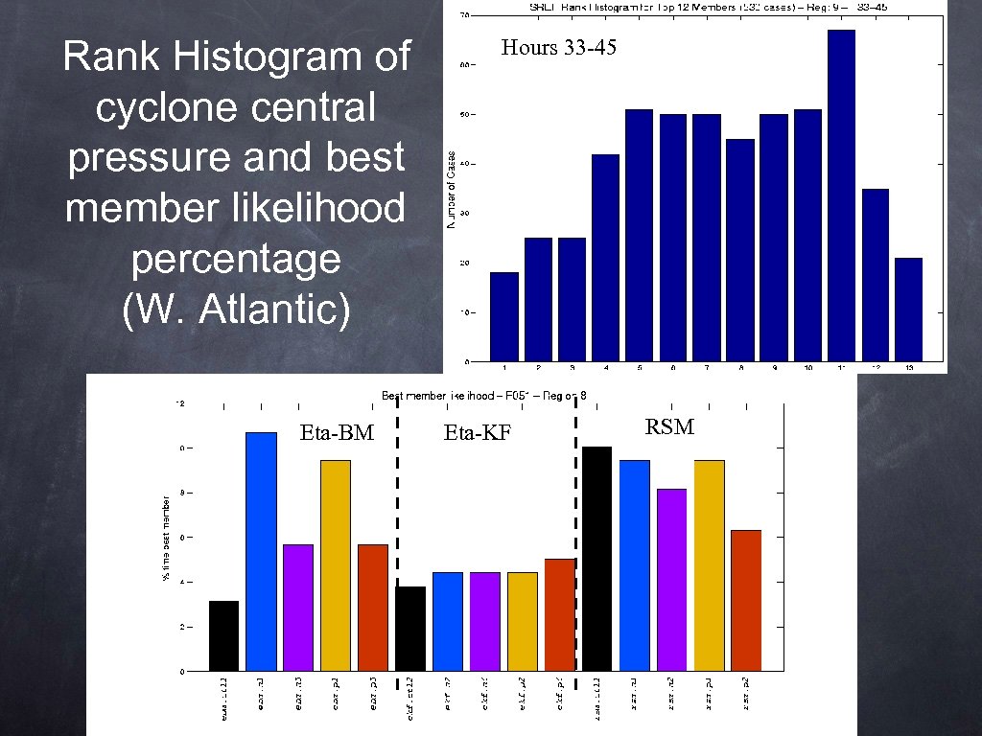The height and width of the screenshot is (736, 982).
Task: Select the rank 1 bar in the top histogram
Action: [504, 316]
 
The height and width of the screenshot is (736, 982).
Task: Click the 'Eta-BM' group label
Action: [337, 433]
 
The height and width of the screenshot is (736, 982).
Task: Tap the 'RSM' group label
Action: [668, 427]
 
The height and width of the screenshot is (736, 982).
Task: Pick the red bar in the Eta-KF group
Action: [560, 614]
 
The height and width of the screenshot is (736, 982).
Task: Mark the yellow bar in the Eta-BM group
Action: [336, 565]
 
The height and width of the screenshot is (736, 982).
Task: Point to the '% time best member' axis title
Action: [164, 537]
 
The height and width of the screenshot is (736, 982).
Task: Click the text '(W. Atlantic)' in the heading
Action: [236, 312]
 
